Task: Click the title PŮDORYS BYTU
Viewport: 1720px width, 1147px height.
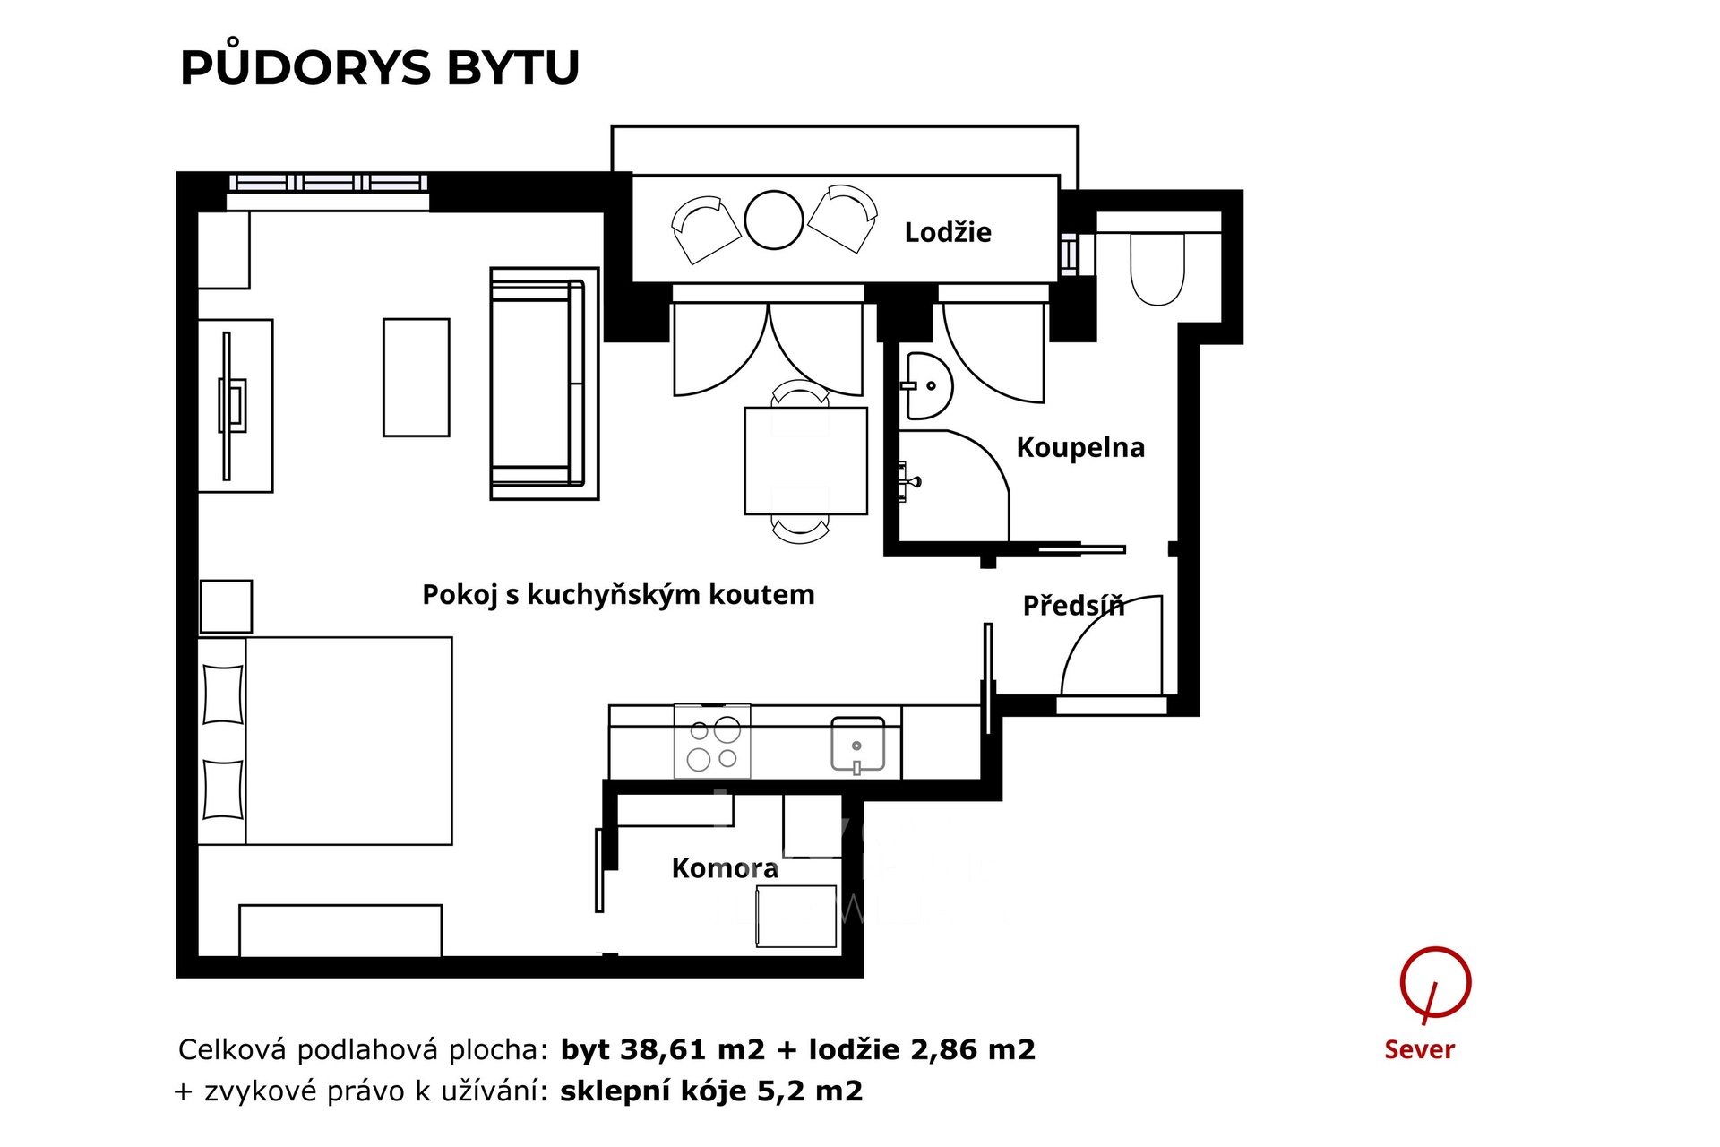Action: click(x=380, y=68)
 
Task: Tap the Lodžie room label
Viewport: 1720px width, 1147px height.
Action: click(x=948, y=233)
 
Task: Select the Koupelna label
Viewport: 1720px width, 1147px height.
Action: click(x=1080, y=448)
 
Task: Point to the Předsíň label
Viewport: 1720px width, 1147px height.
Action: click(x=1073, y=606)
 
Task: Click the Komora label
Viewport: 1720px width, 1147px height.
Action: click(x=725, y=868)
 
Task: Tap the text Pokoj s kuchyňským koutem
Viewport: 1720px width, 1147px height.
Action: click(x=618, y=595)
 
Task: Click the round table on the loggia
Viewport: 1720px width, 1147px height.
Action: click(x=774, y=220)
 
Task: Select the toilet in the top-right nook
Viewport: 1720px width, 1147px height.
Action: click(x=1157, y=269)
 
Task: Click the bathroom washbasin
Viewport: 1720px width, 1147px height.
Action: click(x=927, y=386)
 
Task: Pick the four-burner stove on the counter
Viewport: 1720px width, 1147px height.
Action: click(x=713, y=741)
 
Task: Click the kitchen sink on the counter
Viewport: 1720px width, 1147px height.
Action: click(x=857, y=744)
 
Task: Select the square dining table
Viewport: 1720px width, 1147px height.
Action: click(x=805, y=461)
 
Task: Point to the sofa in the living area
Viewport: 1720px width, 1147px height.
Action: click(x=544, y=384)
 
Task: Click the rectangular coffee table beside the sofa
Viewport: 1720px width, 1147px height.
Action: click(x=417, y=377)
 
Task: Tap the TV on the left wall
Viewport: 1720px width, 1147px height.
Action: click(x=231, y=406)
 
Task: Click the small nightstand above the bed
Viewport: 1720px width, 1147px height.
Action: click(x=226, y=607)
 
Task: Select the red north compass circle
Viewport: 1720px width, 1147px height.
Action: click(x=1435, y=983)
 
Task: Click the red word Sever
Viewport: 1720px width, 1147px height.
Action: click(x=1419, y=1049)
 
